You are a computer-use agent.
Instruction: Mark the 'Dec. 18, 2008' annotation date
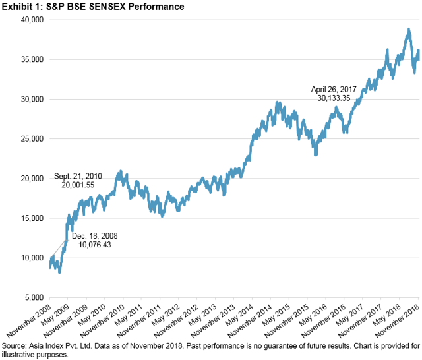93,234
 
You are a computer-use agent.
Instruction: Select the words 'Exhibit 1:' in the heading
20,7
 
